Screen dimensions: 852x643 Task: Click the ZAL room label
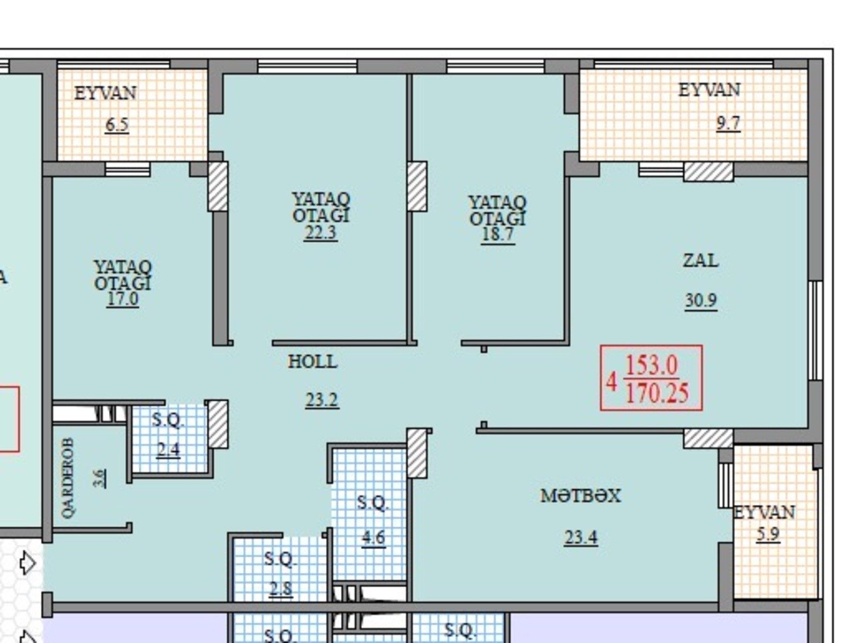click(700, 260)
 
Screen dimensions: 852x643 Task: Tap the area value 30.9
click(700, 300)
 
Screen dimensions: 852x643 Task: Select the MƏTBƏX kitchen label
click(580, 496)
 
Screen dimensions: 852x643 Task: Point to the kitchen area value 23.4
click(581, 537)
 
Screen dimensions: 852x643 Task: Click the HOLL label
click(312, 362)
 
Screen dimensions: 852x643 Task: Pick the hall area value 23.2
click(322, 400)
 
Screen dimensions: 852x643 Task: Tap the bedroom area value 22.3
click(320, 233)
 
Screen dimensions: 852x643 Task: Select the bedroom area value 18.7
click(498, 234)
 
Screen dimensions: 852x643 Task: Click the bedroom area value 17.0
click(122, 299)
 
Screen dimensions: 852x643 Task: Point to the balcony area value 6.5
click(117, 125)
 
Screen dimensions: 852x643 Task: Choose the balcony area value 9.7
click(728, 123)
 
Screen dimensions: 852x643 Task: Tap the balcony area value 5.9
click(768, 534)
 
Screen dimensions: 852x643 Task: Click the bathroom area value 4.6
click(373, 537)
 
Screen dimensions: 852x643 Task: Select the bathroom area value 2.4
click(168, 450)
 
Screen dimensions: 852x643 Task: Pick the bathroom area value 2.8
click(281, 588)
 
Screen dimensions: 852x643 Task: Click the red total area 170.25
click(657, 393)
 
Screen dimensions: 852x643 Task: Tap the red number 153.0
click(652, 365)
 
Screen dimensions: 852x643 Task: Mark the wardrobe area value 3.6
click(99, 478)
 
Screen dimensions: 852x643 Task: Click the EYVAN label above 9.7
click(709, 90)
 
